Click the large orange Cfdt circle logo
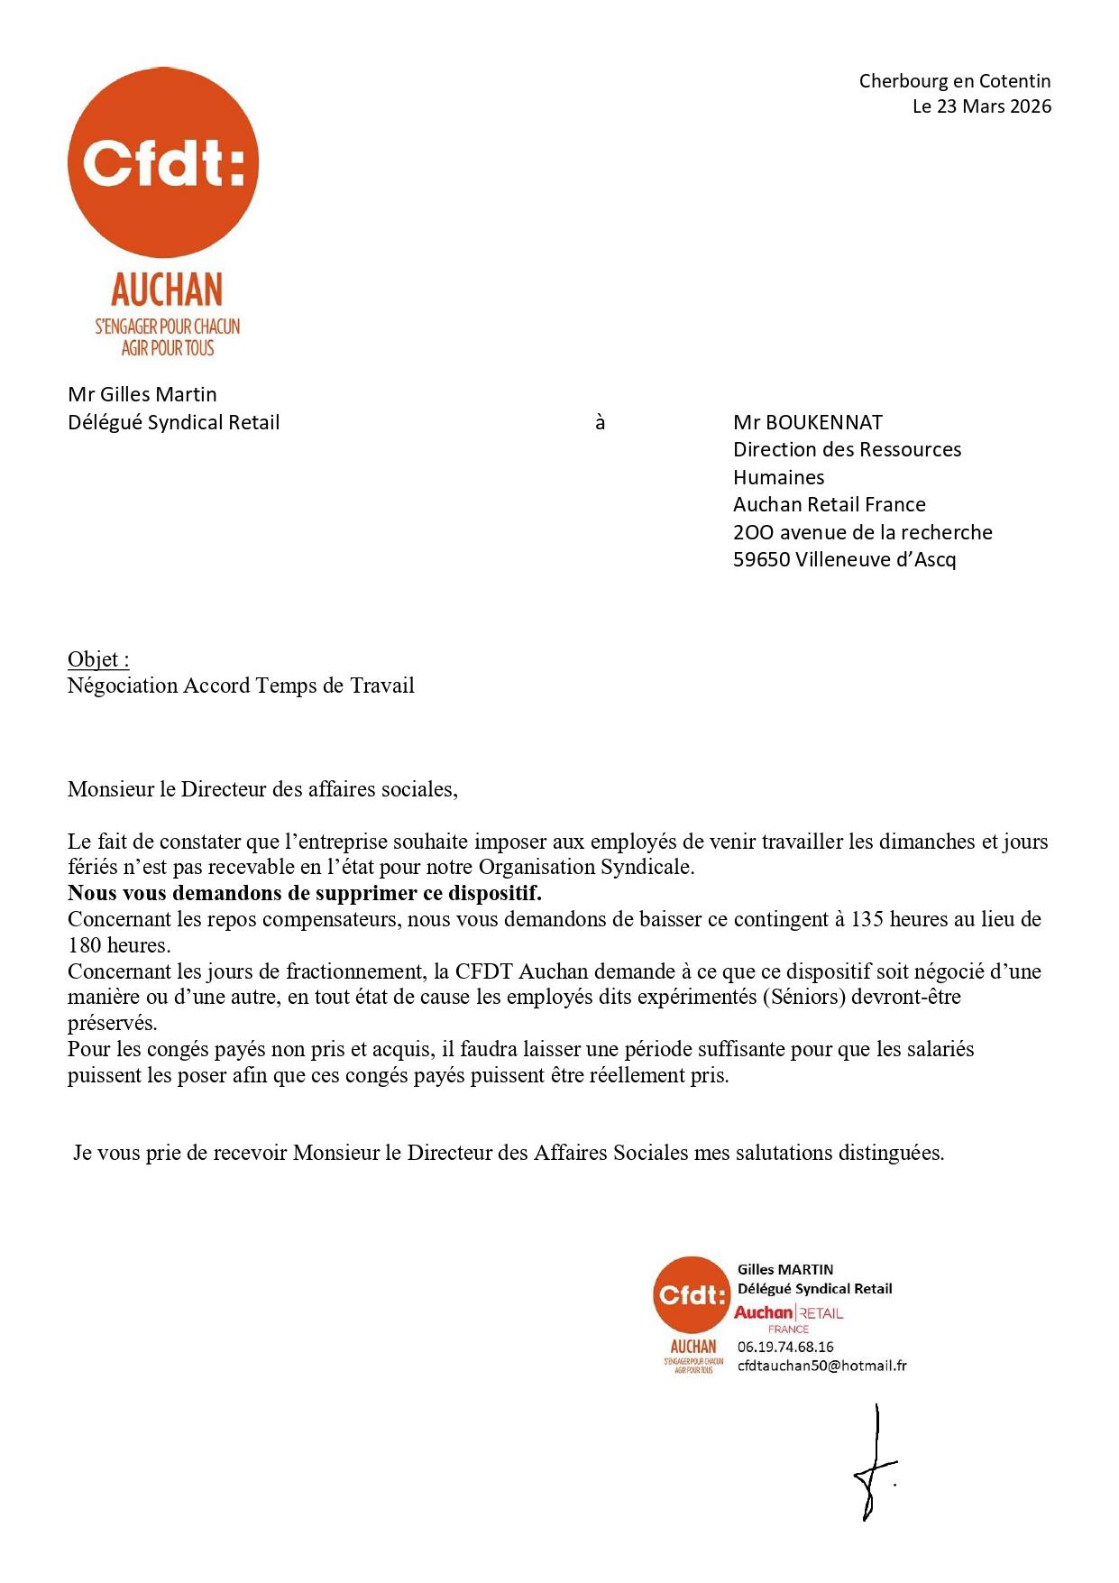[163, 162]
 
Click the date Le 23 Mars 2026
[981, 106]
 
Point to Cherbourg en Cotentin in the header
[954, 81]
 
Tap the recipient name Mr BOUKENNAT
[807, 422]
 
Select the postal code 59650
[761, 559]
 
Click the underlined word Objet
[97, 659]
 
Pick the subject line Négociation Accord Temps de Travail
[241, 686]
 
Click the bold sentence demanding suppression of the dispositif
[305, 894]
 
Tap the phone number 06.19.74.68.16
[784, 1347]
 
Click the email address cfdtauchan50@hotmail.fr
[821, 1366]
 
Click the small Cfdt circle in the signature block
[691, 1295]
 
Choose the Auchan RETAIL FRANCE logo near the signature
[788, 1318]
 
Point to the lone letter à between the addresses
[600, 422]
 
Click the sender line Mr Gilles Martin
[142, 394]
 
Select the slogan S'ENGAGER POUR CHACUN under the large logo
[168, 327]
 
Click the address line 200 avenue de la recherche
[862, 532]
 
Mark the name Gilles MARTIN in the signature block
[784, 1269]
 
